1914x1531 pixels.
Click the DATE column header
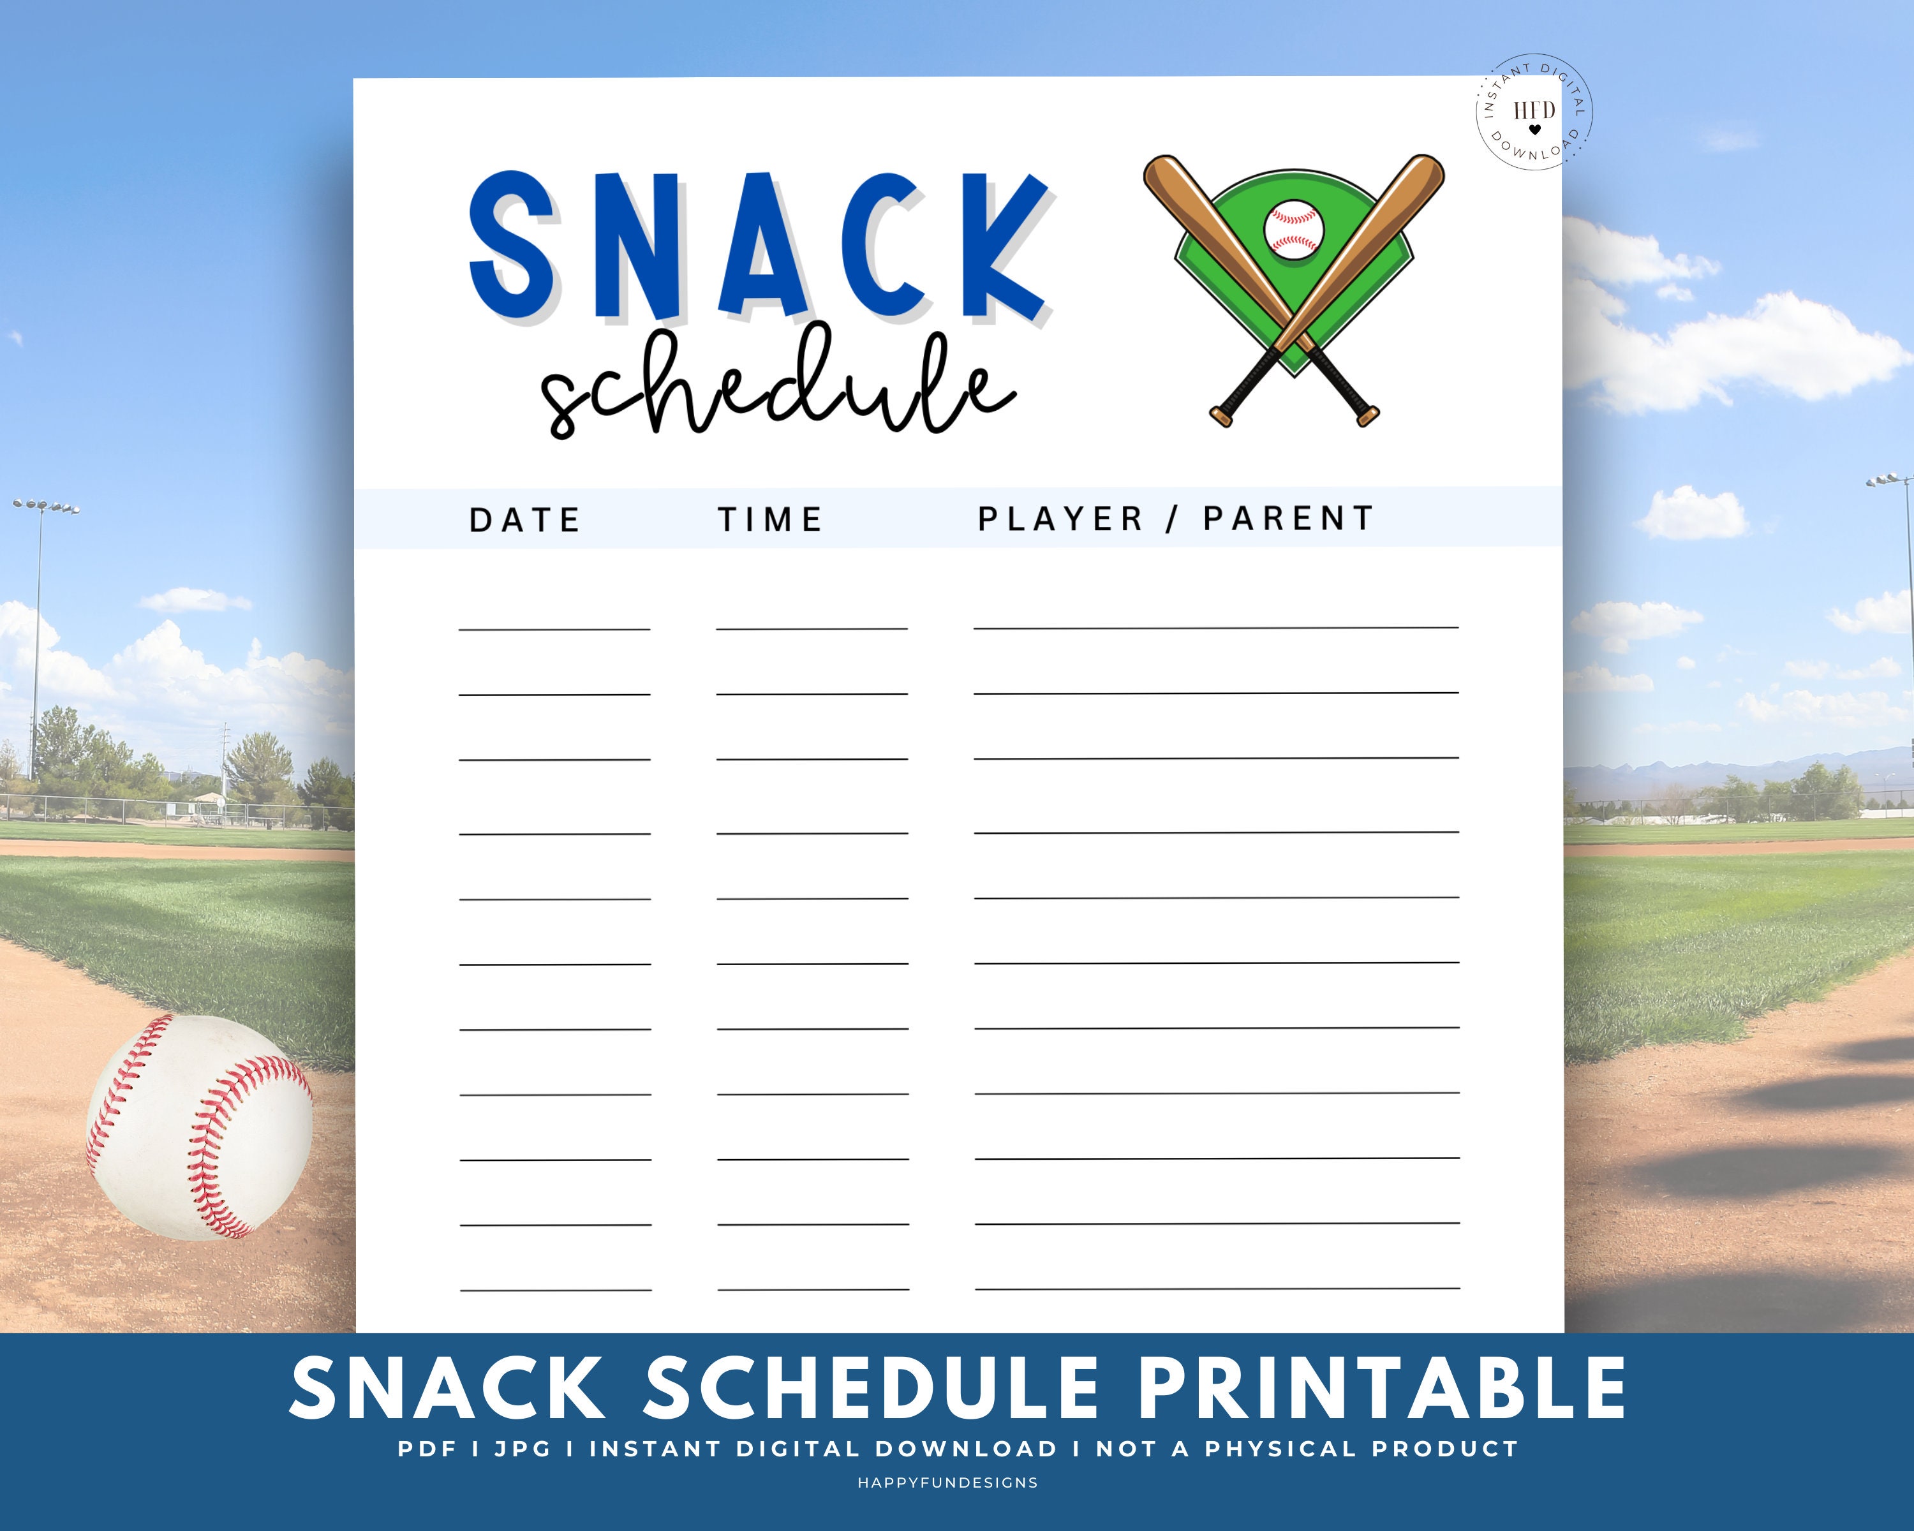(524, 520)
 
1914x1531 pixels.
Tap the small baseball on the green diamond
(1293, 229)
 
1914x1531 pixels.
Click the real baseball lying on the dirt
(199, 1127)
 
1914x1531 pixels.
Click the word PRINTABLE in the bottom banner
(1383, 1388)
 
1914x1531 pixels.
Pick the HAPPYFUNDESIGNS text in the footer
(948, 1482)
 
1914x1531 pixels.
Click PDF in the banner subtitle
(427, 1449)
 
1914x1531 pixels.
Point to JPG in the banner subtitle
(523, 1449)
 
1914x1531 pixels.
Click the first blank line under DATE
(555, 629)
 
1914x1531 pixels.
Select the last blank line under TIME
(813, 1289)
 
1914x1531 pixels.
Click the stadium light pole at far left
(36, 639)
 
